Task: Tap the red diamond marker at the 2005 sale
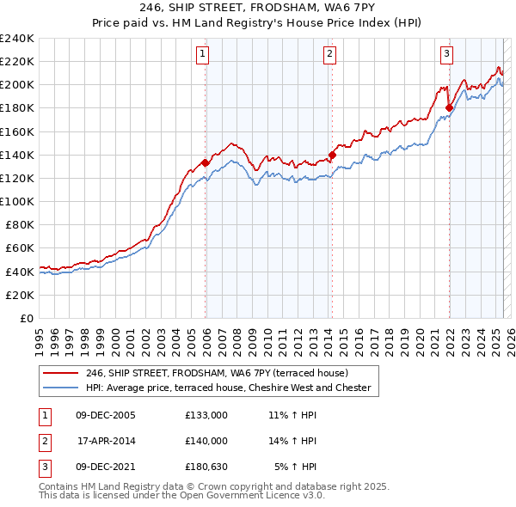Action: point(206,162)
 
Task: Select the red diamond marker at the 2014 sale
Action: point(332,155)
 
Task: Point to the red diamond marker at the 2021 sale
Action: point(449,107)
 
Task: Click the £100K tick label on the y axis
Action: point(16,201)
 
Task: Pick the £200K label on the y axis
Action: point(16,84)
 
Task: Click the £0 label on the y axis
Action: point(25,318)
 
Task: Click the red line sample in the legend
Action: point(60,373)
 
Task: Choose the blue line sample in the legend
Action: point(60,388)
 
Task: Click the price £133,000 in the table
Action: point(206,415)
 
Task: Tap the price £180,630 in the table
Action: point(206,467)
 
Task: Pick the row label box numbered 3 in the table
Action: point(43,467)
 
